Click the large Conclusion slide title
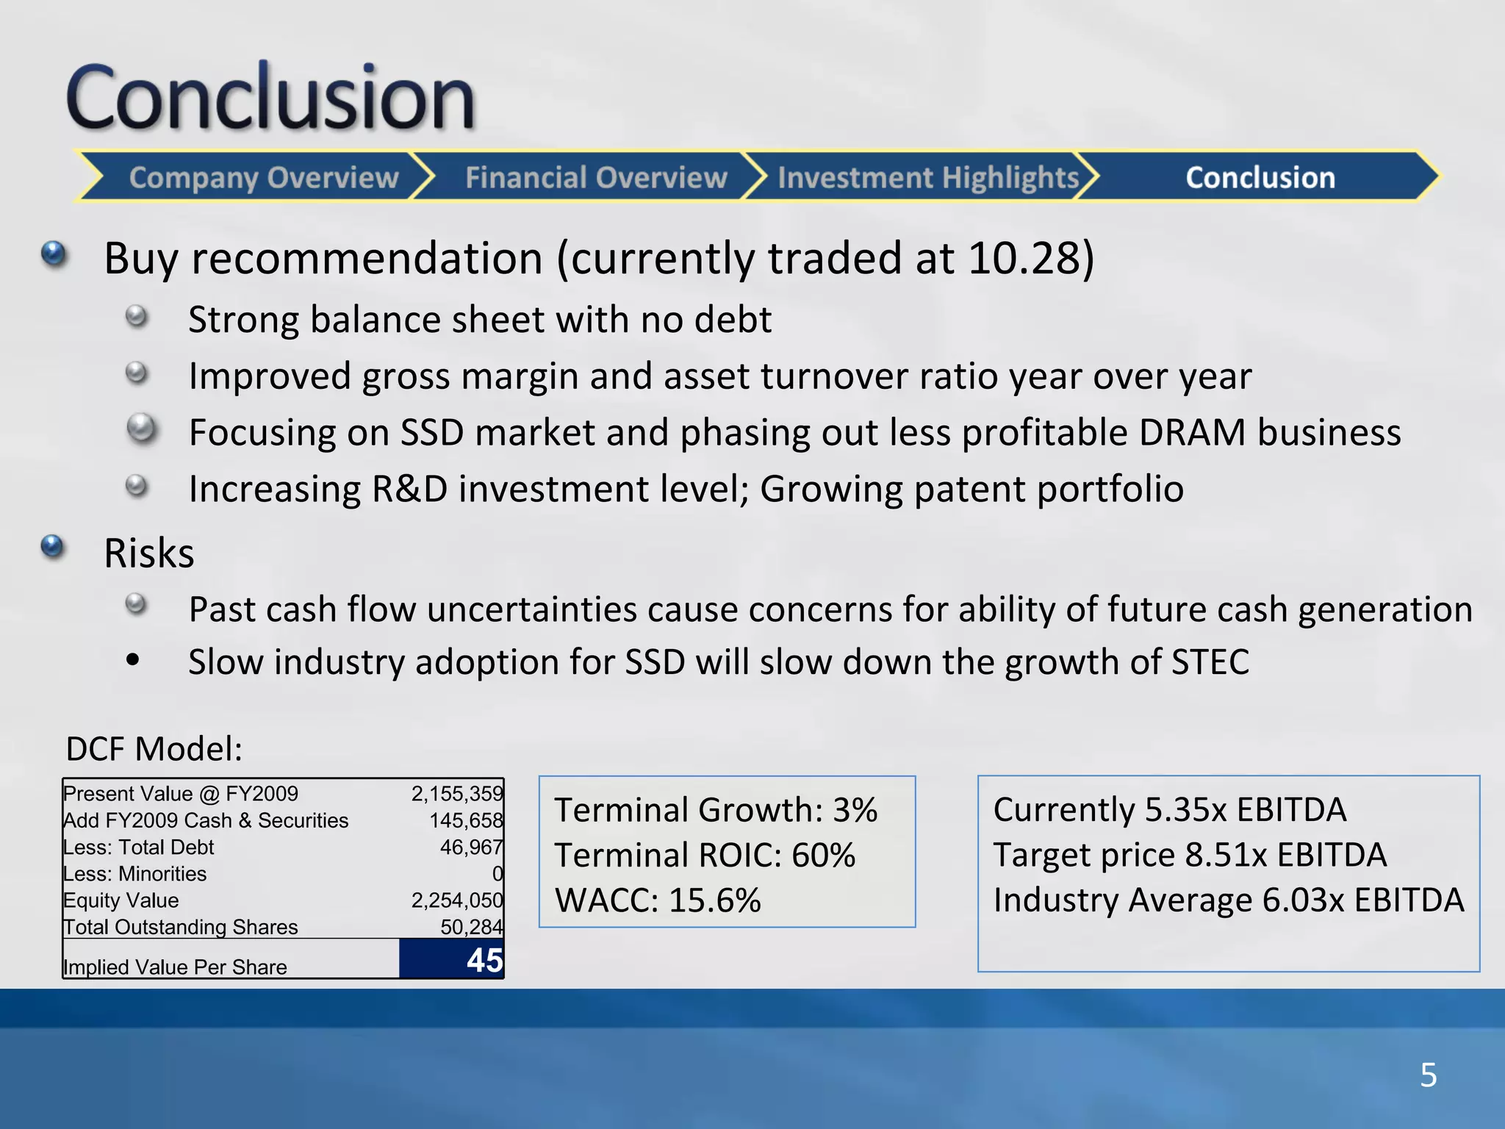270,97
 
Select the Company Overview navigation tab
263,178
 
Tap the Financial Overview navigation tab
595,178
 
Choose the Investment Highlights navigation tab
927,178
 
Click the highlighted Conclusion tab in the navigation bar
1260,178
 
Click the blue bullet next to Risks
52,547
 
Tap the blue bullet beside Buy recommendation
54,254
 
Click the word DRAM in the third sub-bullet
1192,432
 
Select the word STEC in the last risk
1210,662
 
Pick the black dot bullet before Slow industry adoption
133,659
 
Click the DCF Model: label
154,749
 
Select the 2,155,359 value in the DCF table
456,794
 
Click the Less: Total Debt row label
139,847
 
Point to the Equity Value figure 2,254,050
456,900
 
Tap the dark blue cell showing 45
452,960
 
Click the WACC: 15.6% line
658,900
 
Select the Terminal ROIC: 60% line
705,855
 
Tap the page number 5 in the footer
1428,1075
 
